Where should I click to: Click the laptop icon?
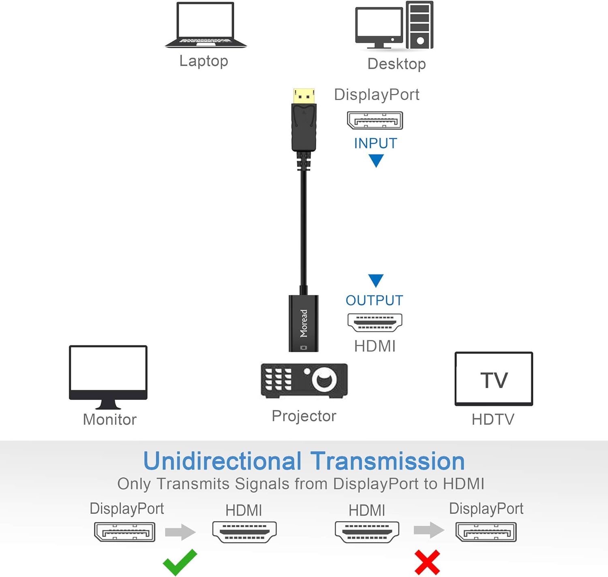[x=206, y=25]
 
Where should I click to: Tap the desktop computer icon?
[x=394, y=26]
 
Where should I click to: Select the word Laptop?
[x=204, y=61]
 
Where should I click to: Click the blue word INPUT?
[x=375, y=143]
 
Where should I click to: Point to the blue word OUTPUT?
[x=374, y=300]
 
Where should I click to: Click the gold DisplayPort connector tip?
[x=304, y=96]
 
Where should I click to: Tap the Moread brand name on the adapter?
[x=304, y=323]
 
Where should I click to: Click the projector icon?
[x=304, y=380]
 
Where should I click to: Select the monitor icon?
[x=108, y=376]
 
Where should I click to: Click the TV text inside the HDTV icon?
[x=494, y=380]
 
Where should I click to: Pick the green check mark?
[x=180, y=562]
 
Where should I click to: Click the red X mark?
[x=427, y=562]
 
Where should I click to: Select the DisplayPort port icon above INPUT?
[x=375, y=120]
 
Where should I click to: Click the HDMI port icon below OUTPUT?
[x=375, y=323]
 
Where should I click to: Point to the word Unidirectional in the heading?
[x=223, y=461]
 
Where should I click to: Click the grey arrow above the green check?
[x=181, y=531]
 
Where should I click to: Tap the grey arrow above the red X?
[x=429, y=530]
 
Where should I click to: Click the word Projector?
[x=304, y=416]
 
